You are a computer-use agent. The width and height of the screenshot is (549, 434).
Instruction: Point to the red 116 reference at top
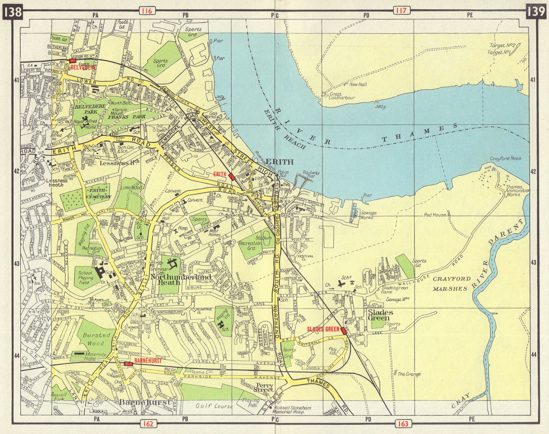[x=147, y=11]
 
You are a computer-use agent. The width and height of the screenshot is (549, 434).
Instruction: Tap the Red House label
[x=435, y=215]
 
